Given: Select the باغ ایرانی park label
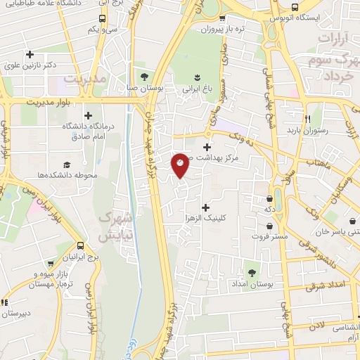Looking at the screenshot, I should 198,90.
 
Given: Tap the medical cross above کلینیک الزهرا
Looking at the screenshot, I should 205,207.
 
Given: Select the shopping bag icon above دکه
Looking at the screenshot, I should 270,199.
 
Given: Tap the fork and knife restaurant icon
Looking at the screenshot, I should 307,118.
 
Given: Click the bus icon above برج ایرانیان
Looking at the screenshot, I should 81,246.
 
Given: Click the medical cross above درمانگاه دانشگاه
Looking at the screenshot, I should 87,115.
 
